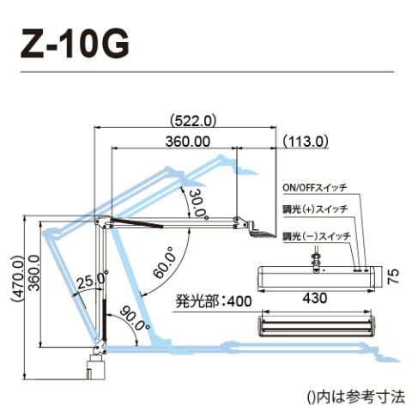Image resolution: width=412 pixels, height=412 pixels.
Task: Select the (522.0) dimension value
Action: click(192, 121)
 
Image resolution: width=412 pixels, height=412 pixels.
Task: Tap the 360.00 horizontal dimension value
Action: click(188, 142)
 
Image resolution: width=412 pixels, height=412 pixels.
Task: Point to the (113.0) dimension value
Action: click(306, 142)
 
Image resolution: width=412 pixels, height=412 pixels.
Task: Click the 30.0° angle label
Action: click(198, 204)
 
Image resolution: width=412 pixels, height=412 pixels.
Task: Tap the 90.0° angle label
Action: click(134, 318)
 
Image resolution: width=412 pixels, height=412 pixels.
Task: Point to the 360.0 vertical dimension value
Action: click(34, 273)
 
